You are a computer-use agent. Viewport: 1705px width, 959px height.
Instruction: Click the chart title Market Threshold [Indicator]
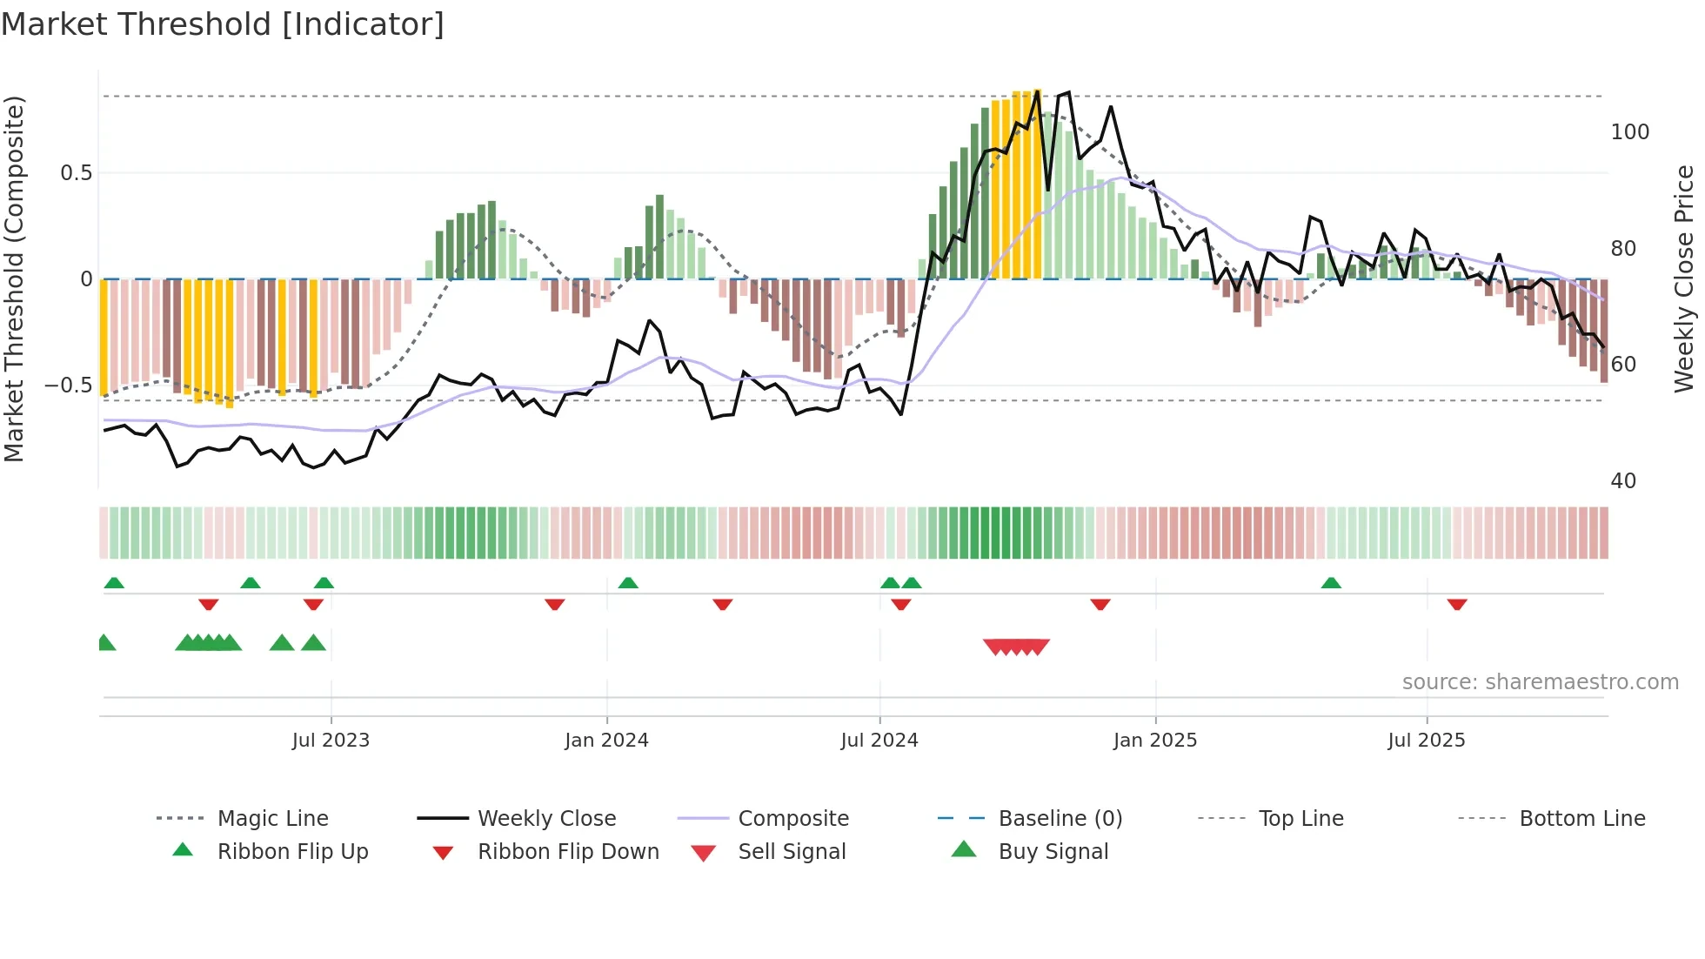(x=223, y=24)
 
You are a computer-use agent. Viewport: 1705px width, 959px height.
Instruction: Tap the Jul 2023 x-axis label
(x=331, y=741)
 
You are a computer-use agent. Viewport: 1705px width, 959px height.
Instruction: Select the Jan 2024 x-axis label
(x=606, y=741)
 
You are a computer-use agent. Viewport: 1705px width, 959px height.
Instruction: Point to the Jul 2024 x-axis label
(x=879, y=741)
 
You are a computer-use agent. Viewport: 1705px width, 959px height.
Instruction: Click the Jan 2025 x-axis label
(x=1155, y=741)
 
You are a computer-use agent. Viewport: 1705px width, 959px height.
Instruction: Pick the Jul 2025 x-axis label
(x=1427, y=741)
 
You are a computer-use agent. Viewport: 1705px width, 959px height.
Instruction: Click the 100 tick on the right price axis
(x=1629, y=132)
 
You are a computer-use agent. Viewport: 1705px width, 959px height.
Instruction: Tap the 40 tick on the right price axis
(x=1623, y=481)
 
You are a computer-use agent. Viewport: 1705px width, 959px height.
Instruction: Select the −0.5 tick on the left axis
(x=69, y=386)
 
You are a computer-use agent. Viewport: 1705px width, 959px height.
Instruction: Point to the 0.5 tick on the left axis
(x=77, y=173)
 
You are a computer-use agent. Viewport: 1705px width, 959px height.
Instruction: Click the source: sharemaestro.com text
(x=1540, y=682)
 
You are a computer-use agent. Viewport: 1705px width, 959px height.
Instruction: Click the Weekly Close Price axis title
(x=1684, y=278)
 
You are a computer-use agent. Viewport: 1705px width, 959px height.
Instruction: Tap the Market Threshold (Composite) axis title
(x=14, y=278)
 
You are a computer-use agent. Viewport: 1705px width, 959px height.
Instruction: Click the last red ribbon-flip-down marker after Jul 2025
(x=1457, y=604)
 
